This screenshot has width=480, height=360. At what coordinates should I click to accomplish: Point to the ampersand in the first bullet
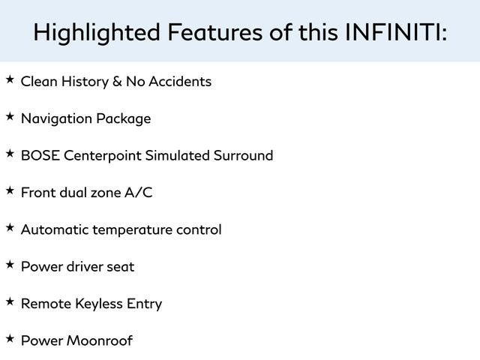click(117, 81)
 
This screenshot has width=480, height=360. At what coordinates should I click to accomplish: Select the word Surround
click(242, 155)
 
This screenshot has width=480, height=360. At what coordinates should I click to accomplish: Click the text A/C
click(138, 193)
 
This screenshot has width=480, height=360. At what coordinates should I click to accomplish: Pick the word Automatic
click(55, 229)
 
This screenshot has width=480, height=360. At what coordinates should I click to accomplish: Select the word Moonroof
click(100, 340)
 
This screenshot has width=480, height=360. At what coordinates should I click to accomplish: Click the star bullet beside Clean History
click(10, 79)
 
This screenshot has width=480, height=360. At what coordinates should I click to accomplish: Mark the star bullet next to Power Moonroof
click(10, 339)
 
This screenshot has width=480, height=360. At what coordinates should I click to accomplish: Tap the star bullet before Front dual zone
click(10, 191)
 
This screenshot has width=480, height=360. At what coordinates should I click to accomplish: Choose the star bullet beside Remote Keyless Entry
click(10, 302)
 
